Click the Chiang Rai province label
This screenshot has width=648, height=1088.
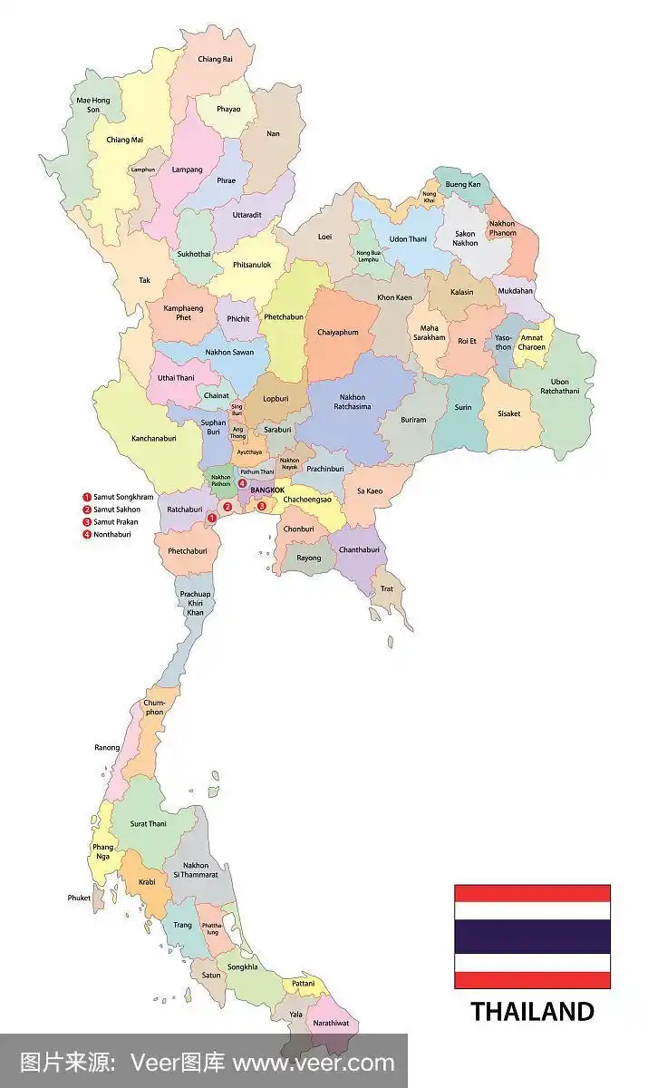click(215, 59)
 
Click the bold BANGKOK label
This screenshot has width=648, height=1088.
click(267, 490)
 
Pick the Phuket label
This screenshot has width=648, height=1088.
click(79, 898)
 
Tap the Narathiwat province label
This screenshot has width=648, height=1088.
click(331, 1023)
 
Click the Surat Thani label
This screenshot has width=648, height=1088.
click(148, 824)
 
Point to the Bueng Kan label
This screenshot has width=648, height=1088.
click(463, 184)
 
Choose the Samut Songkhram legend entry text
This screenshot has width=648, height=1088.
click(123, 497)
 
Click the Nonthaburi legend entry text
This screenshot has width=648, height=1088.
click(112, 535)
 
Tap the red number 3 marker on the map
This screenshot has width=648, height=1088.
click(262, 506)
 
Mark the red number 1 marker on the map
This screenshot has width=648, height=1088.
click(211, 518)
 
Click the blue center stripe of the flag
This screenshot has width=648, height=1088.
click(532, 937)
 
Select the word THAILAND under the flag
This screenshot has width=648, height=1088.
click(532, 1011)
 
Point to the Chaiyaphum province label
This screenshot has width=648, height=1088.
click(338, 333)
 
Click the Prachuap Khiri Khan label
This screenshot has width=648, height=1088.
click(195, 603)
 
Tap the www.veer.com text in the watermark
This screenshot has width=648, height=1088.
click(314, 1063)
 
